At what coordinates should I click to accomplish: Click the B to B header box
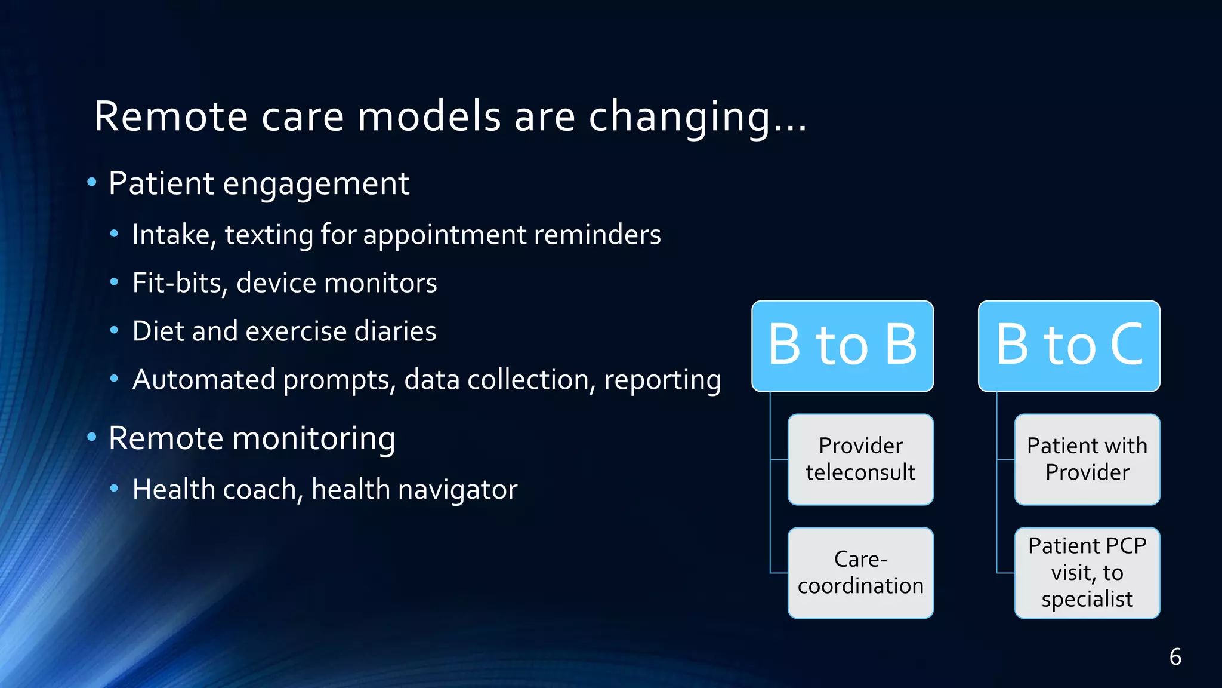(842, 346)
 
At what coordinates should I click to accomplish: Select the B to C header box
(1069, 346)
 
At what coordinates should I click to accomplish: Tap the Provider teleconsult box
(860, 459)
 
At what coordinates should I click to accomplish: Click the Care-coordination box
(860, 573)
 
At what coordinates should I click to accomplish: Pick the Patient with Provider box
(1087, 459)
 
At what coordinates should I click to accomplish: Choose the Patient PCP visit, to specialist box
(1087, 573)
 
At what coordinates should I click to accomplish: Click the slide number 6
(1175, 657)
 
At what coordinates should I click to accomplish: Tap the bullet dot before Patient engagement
(91, 182)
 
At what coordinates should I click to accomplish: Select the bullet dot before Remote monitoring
(91, 437)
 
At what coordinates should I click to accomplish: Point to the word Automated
(203, 380)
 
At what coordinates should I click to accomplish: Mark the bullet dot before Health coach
(115, 489)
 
